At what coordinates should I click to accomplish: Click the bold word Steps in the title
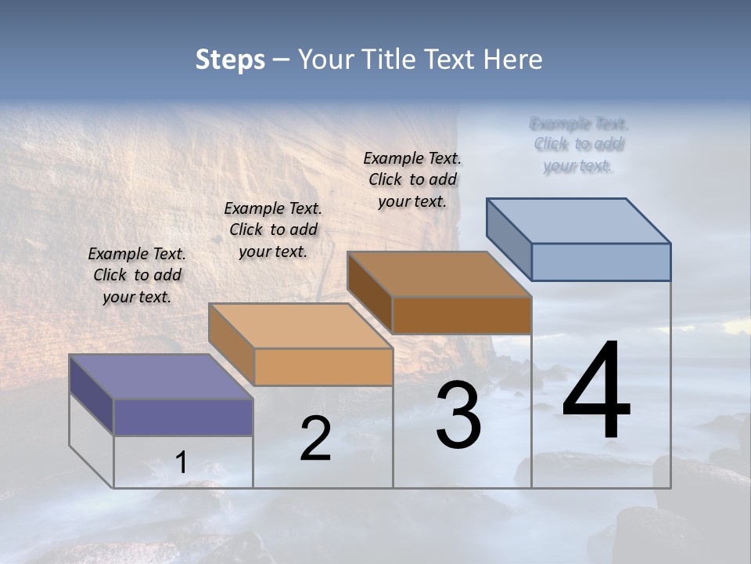pyautogui.click(x=230, y=60)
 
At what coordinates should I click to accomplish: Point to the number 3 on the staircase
pyautogui.click(x=458, y=415)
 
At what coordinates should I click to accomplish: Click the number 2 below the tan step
pyautogui.click(x=315, y=438)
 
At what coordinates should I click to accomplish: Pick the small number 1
pyautogui.click(x=181, y=462)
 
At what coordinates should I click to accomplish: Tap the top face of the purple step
pyautogui.click(x=160, y=377)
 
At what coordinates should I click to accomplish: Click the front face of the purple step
pyautogui.click(x=183, y=417)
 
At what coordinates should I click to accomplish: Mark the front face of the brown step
pyautogui.click(x=462, y=315)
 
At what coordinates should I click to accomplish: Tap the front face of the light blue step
pyautogui.click(x=601, y=262)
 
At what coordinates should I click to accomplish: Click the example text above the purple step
pyautogui.click(x=137, y=275)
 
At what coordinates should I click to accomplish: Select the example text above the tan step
pyautogui.click(x=273, y=230)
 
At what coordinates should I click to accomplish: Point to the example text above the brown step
pyautogui.click(x=412, y=179)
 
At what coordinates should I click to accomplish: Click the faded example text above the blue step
pyautogui.click(x=578, y=144)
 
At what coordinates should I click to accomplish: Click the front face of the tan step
pyautogui.click(x=323, y=367)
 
